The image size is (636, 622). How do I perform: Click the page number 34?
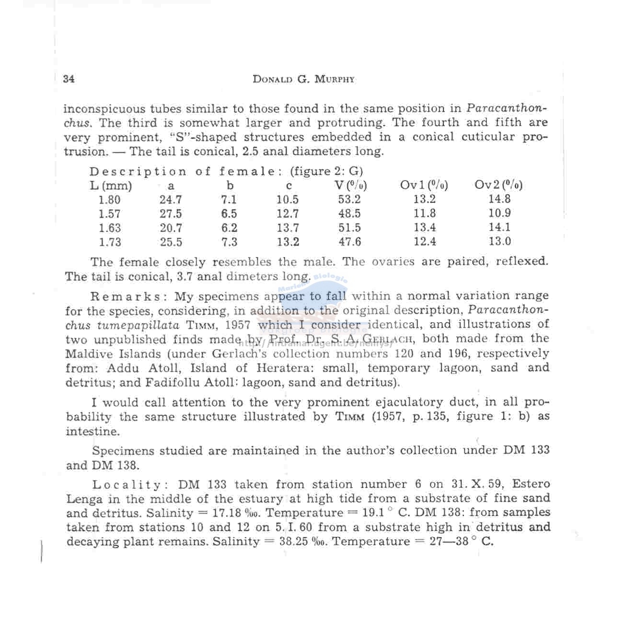tap(69, 79)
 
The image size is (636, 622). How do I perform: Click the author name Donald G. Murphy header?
tap(303, 79)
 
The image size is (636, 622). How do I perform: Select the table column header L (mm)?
tap(111, 186)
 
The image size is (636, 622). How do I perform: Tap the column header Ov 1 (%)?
tap(424, 185)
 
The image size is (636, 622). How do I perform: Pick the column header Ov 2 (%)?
tap(498, 185)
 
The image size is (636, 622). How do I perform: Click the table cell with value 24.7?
tap(171, 200)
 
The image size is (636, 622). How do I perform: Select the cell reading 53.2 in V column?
tap(349, 200)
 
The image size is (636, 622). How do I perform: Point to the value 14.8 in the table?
tap(499, 199)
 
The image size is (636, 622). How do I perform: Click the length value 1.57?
tap(109, 214)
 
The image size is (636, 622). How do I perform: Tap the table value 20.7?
tap(171, 228)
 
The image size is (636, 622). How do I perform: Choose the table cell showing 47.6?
tap(350, 242)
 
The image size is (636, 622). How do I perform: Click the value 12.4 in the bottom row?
tap(425, 242)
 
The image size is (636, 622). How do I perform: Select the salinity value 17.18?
tap(226, 513)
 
